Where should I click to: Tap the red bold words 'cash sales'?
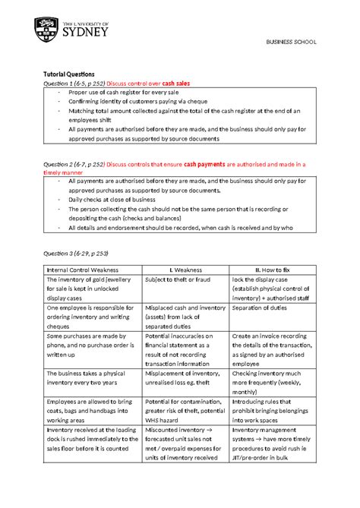[174, 83]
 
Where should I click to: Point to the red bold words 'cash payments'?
[210, 163]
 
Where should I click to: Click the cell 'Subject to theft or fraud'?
[174, 280]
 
